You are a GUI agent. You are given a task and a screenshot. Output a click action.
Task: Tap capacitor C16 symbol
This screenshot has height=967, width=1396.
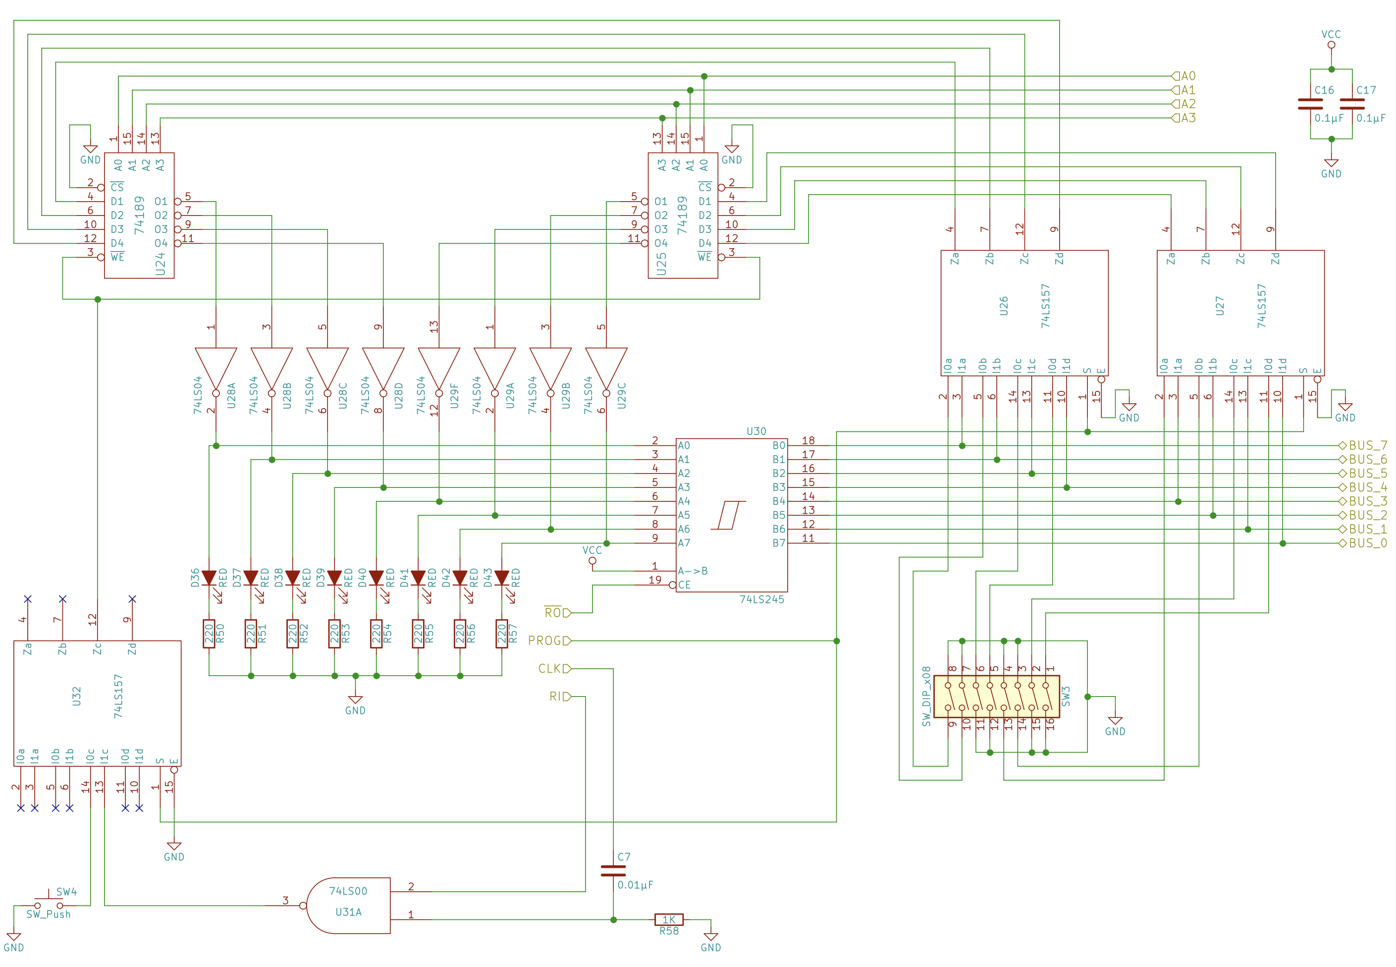1310,104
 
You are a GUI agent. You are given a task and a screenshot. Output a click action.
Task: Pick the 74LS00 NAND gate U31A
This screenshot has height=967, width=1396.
348,905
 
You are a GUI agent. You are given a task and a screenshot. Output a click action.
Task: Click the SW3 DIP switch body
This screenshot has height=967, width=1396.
996,696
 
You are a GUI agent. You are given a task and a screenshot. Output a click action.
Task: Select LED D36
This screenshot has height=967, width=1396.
209,578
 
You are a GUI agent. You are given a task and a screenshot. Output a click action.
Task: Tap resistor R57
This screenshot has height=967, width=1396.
502,634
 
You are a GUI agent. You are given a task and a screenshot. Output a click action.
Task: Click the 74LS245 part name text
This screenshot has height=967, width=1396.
761,599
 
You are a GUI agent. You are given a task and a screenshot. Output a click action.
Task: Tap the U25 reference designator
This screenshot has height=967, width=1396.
662,264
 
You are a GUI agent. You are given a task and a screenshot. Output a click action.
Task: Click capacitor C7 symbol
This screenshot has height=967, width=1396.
613,871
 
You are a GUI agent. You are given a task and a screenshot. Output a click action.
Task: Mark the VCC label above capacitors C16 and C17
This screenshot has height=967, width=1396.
1331,35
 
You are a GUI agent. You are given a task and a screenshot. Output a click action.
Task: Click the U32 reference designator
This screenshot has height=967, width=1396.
76,696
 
